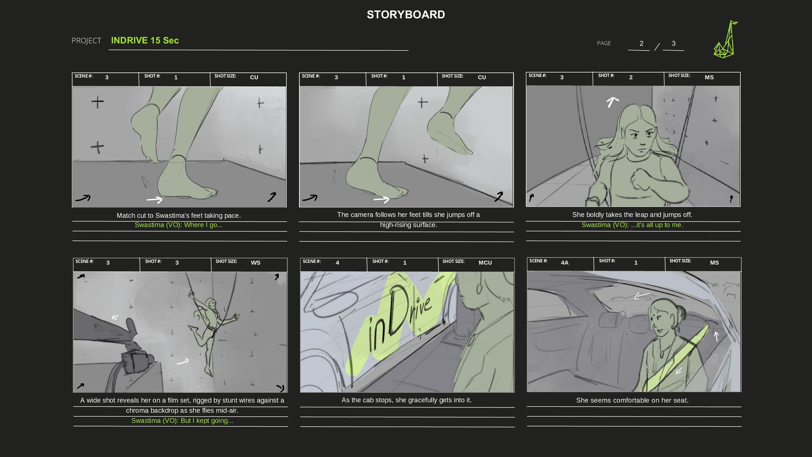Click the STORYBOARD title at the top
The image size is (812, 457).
[x=406, y=14]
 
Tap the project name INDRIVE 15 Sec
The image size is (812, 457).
[x=145, y=40]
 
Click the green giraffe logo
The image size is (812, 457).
[x=726, y=39]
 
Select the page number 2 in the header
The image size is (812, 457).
[x=641, y=43]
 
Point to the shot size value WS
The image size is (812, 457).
[x=255, y=262]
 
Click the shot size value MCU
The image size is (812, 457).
[x=485, y=262]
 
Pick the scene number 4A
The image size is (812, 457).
[x=565, y=262]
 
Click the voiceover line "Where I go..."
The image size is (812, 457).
[x=178, y=225]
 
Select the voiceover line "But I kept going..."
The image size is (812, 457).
[x=182, y=421]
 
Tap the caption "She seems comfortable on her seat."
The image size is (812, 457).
[x=632, y=400]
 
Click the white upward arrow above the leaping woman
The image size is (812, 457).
[x=612, y=102]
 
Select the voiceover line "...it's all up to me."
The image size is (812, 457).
[x=632, y=225]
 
